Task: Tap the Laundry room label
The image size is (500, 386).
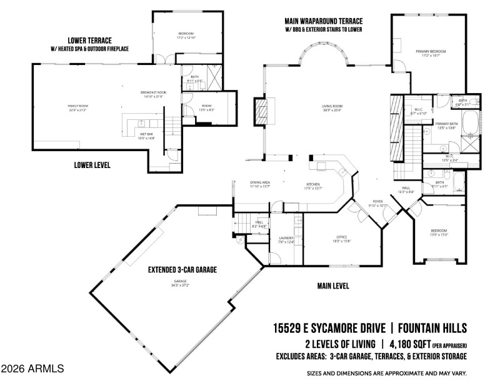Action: [286, 238]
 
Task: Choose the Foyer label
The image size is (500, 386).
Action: [379, 201]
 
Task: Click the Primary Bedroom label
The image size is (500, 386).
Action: [427, 51]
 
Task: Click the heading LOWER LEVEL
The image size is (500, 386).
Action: [92, 166]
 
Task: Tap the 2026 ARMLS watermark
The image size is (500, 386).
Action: [32, 369]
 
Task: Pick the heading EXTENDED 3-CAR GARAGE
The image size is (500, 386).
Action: [182, 270]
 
